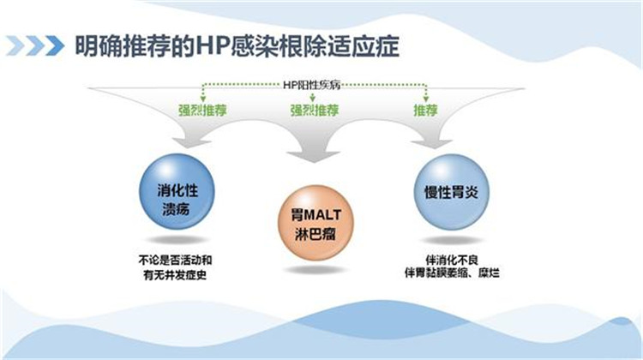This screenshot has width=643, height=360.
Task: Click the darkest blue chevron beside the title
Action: pyautogui.click(x=55, y=45)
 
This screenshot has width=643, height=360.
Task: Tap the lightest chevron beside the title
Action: pyautogui.click(x=15, y=45)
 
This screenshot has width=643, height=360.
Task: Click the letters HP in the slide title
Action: pyautogui.click(x=212, y=45)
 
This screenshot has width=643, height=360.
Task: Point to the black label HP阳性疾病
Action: pyautogui.click(x=312, y=85)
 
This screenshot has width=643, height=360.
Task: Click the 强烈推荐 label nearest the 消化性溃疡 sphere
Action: pyautogui.click(x=202, y=111)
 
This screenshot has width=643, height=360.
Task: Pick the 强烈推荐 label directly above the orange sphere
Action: pyautogui.click(x=315, y=111)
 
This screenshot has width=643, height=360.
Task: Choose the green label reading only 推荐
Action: pyautogui.click(x=425, y=111)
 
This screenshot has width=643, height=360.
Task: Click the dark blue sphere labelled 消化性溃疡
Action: pyautogui.click(x=177, y=191)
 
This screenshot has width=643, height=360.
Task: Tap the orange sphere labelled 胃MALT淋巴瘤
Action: pyautogui.click(x=315, y=224)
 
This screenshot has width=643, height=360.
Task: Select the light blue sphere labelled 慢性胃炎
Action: pyautogui.click(x=452, y=191)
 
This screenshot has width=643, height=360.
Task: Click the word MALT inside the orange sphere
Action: pyautogui.click(x=322, y=215)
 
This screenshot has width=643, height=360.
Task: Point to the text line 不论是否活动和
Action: pyautogui.click(x=175, y=260)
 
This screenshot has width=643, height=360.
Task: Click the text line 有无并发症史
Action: pyautogui.click(x=175, y=275)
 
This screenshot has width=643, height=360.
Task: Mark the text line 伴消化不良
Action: pyautogui.click(x=452, y=260)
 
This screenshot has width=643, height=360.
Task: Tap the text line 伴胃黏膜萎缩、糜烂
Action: pyautogui.click(x=452, y=273)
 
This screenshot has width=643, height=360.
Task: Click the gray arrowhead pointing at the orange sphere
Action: pyautogui.click(x=314, y=156)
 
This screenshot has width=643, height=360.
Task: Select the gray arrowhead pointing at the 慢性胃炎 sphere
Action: pyautogui.click(x=431, y=143)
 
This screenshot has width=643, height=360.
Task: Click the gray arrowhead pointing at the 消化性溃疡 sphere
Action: pyautogui.click(x=191, y=142)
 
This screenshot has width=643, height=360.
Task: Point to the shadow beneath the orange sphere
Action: pyautogui.click(x=315, y=270)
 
